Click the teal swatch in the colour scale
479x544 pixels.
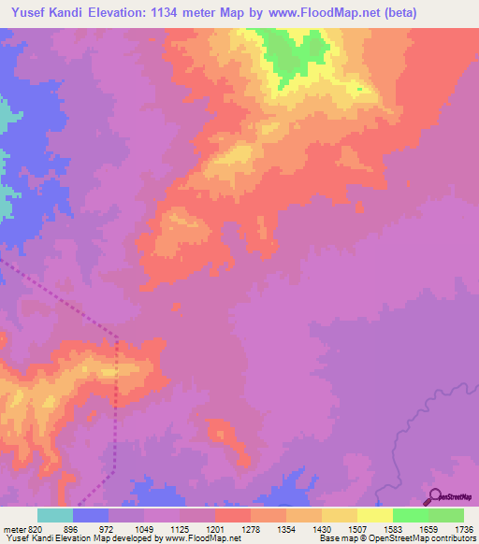pyautogui.click(x=54, y=515)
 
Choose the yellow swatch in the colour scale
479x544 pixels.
pyautogui.click(x=374, y=515)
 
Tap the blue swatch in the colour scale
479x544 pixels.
pyautogui.click(x=91, y=515)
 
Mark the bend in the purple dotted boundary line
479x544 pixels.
pyautogui.click(x=115, y=335)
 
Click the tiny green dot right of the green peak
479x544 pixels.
pyautogui.click(x=358, y=90)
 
